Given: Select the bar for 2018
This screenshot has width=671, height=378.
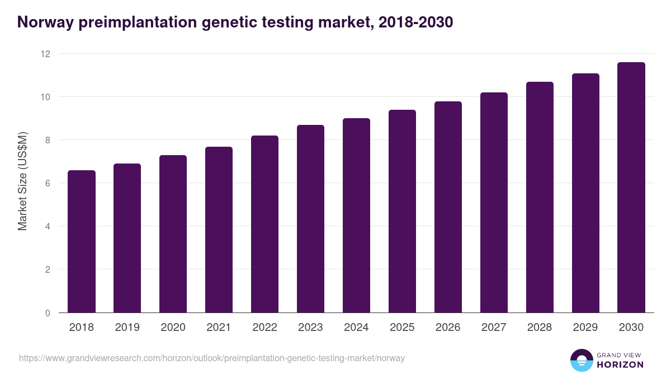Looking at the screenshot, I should [x=82, y=242].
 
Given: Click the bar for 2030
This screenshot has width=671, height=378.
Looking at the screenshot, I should [x=631, y=188].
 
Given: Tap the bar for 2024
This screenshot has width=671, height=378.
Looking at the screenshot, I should [x=356, y=216].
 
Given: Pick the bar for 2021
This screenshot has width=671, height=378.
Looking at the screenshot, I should [x=219, y=230].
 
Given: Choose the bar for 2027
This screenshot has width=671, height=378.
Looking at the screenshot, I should [x=494, y=203].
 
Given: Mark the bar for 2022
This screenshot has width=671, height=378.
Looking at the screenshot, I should [x=264, y=224].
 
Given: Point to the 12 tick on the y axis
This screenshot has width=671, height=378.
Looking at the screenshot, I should [x=45, y=54].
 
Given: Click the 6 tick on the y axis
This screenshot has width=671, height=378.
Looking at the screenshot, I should [x=48, y=183].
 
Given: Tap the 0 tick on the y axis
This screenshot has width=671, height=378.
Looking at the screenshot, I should [x=48, y=313].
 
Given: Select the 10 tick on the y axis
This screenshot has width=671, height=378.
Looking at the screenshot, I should [x=45, y=97].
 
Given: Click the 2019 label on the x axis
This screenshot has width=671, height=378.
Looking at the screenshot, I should [x=127, y=328].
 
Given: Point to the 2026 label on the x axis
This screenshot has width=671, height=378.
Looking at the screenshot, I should [x=448, y=328].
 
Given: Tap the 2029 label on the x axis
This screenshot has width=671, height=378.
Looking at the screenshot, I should [x=585, y=328].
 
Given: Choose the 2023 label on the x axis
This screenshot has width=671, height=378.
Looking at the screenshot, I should [x=310, y=328].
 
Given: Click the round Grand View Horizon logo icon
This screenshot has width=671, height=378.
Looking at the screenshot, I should [x=581, y=360].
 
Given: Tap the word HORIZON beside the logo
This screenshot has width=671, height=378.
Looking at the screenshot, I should [x=620, y=365].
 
